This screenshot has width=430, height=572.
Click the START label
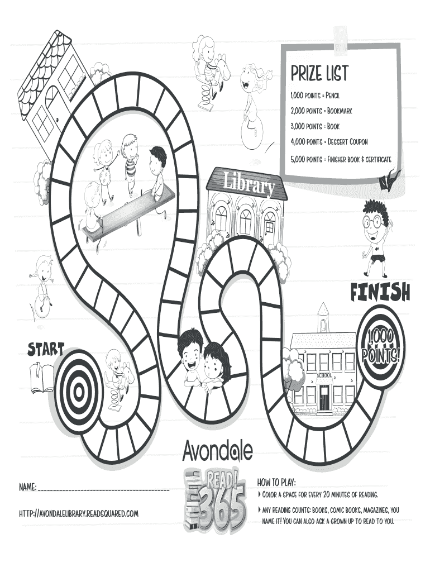pos(46,350)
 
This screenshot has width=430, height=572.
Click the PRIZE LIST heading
pos(319,73)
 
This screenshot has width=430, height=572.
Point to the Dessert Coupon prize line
pos(328,142)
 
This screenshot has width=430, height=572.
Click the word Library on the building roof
pos(249,184)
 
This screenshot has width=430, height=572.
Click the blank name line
pos(103,489)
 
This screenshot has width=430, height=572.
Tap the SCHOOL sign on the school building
pos(323,375)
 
